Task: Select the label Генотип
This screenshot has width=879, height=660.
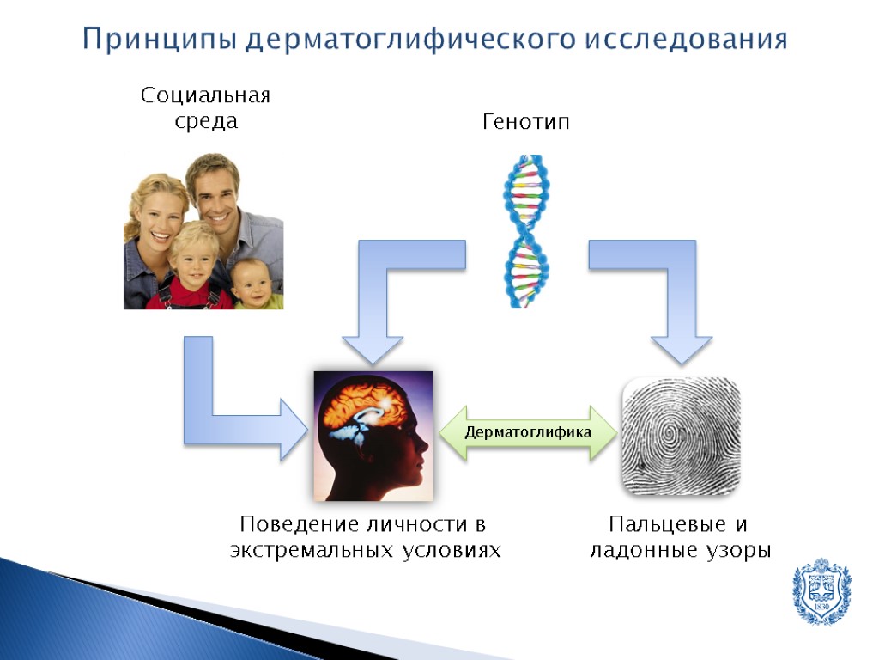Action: click(526, 123)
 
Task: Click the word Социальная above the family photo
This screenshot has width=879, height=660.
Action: click(205, 95)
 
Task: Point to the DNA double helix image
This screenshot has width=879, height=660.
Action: click(526, 230)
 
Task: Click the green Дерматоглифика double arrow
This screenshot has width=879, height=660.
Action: click(528, 432)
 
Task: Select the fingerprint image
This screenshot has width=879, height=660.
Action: click(681, 436)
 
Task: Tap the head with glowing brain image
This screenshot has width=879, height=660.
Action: click(373, 436)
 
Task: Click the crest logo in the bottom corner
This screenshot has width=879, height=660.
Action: click(821, 592)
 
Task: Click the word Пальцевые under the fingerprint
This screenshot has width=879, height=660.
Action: click(658, 524)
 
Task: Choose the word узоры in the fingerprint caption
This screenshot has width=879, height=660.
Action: click(737, 551)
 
